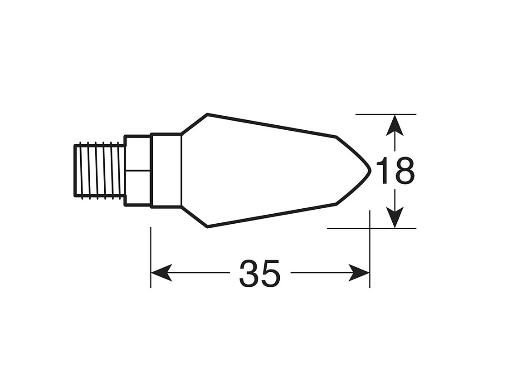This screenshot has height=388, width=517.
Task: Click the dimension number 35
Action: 260,274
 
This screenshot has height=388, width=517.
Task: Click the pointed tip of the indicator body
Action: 371,170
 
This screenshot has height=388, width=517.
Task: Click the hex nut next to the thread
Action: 137,170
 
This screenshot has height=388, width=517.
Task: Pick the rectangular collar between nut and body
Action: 166,170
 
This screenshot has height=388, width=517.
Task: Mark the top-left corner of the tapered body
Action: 207,114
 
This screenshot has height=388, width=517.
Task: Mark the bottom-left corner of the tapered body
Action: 207,227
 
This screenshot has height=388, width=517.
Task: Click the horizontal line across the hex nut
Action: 137,171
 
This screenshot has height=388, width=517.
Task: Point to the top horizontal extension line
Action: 385,114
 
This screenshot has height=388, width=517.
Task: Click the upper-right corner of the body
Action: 336,136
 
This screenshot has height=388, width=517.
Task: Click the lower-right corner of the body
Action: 336,204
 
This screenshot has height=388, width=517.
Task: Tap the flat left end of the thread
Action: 75,170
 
